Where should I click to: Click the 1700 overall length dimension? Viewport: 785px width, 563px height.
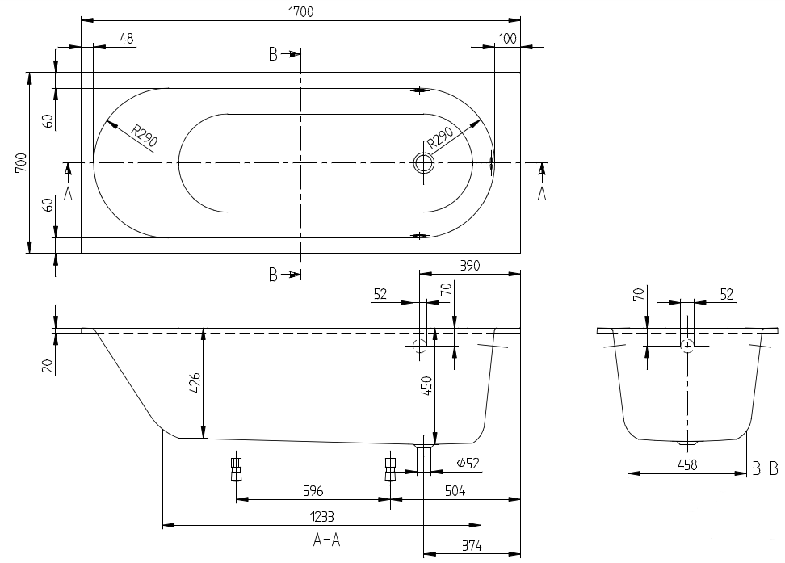click(x=301, y=11)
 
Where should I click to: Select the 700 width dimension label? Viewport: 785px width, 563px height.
click(x=20, y=163)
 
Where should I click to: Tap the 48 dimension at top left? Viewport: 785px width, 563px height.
click(x=127, y=39)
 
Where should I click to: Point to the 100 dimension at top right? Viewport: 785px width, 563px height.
click(x=508, y=39)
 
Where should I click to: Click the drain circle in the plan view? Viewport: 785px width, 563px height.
click(x=423, y=163)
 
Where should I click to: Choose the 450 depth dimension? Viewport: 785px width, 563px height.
click(x=426, y=385)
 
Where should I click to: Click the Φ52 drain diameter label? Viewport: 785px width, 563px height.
click(x=468, y=464)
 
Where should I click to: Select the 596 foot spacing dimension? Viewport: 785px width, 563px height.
click(x=313, y=491)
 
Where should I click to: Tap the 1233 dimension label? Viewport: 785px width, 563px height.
click(x=322, y=516)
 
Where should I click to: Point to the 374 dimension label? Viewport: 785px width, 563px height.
click(x=472, y=546)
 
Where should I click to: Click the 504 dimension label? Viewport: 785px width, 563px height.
click(x=455, y=491)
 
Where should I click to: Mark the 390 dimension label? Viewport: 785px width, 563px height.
click(x=469, y=266)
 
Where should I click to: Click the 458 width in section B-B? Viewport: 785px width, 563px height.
click(x=687, y=465)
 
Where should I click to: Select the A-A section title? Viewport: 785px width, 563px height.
click(x=326, y=540)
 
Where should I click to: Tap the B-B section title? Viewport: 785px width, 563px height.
click(x=766, y=468)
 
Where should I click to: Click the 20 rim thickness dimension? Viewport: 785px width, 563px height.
click(x=48, y=365)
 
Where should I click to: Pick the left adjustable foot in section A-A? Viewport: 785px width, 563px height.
click(x=237, y=468)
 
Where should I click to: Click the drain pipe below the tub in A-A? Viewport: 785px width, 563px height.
click(x=423, y=457)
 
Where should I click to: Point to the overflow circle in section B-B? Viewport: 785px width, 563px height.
click(x=687, y=346)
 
